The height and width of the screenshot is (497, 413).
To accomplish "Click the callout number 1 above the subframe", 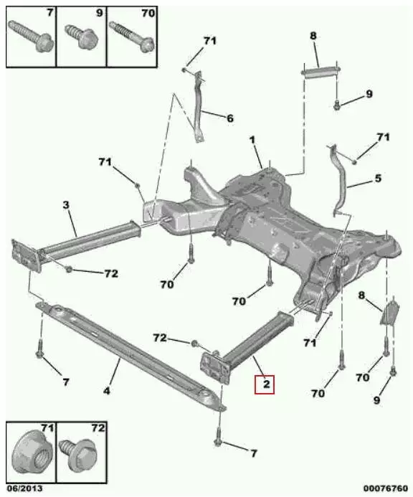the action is click(x=252, y=140).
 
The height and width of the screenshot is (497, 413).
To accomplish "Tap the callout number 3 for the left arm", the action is click(x=66, y=205).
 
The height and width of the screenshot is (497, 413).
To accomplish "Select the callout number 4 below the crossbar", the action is click(x=107, y=390).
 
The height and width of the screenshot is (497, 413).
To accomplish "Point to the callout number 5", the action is click(x=378, y=178).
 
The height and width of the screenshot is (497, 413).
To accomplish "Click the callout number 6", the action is click(x=230, y=118).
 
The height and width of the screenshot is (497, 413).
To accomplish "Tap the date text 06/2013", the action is click(x=24, y=488).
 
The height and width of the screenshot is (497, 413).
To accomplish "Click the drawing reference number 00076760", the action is click(x=386, y=488).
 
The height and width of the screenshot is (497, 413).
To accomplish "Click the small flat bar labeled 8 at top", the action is click(x=321, y=71).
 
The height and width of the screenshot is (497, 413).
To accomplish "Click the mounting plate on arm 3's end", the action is click(x=26, y=256).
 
